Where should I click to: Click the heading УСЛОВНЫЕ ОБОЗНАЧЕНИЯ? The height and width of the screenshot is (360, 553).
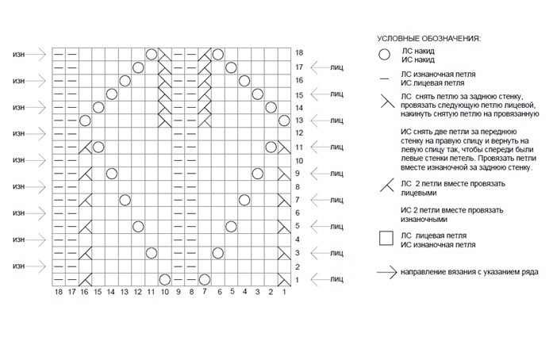click(x=429, y=38)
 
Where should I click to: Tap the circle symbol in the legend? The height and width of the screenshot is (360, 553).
click(x=384, y=55)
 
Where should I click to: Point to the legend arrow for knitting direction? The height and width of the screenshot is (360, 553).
click(x=387, y=271)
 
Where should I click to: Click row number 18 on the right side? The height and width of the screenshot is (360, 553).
click(x=299, y=53)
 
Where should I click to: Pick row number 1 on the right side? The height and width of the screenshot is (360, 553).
click(x=298, y=279)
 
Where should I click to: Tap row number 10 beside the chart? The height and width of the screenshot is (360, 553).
click(x=299, y=160)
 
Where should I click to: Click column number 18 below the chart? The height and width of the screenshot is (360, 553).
click(x=58, y=293)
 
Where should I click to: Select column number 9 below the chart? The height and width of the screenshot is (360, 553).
click(x=178, y=293)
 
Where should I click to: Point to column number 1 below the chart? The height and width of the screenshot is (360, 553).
click(x=284, y=293)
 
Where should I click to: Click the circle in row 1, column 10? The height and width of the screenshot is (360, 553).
click(x=164, y=279)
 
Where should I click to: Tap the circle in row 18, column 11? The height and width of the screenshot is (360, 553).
click(x=151, y=54)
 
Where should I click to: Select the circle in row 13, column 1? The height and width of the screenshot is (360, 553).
click(x=284, y=121)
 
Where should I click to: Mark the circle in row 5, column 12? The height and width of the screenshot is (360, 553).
click(x=138, y=227)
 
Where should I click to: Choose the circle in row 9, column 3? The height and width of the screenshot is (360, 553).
click(x=257, y=174)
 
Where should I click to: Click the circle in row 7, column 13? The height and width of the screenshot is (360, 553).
click(x=125, y=200)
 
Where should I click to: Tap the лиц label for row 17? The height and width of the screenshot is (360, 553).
click(x=336, y=67)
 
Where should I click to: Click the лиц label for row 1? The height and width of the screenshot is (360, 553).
click(x=336, y=279)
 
